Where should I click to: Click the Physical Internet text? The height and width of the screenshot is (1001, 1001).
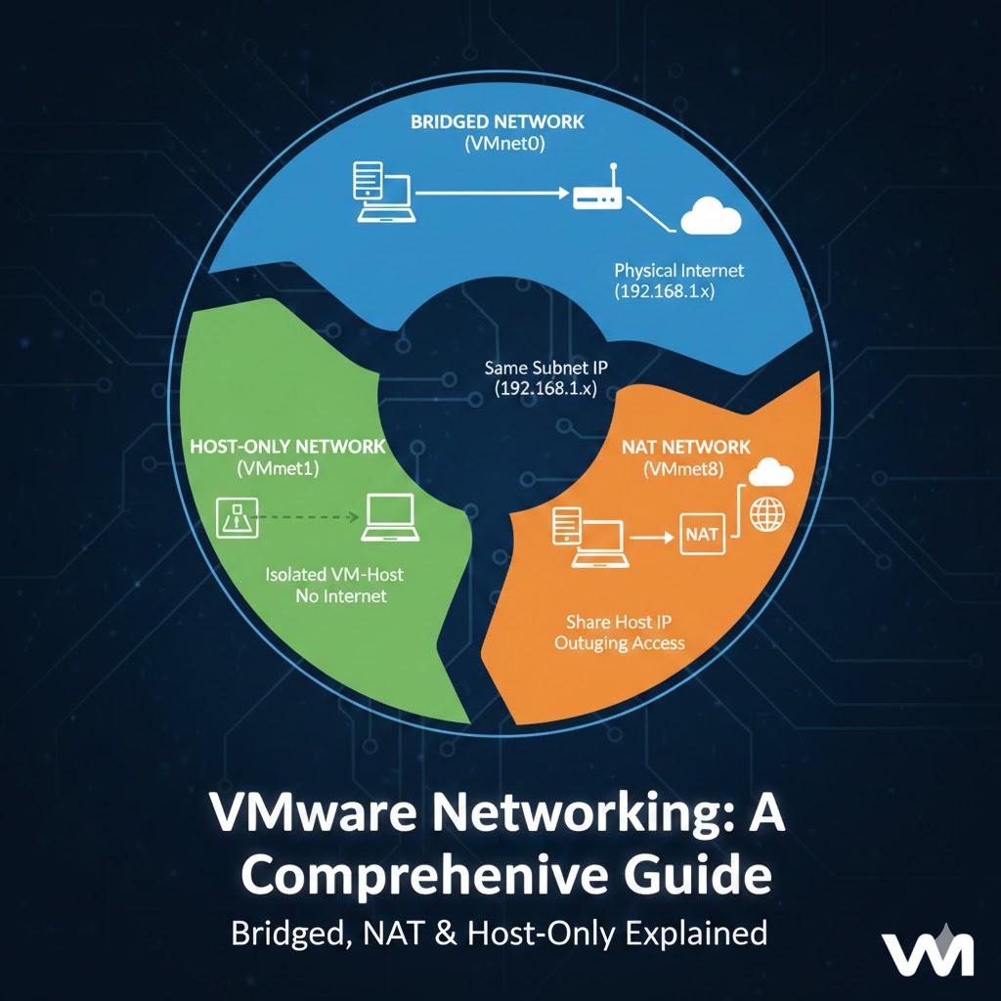point(678,270)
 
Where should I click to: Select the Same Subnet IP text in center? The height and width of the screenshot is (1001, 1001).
point(546,369)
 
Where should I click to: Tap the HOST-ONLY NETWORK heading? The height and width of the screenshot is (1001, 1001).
point(287,446)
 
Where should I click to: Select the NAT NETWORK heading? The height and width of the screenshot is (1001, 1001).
point(685,447)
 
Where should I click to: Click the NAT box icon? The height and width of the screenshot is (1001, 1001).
point(702,535)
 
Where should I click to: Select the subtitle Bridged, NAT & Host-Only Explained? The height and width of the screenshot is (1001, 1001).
point(499,933)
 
